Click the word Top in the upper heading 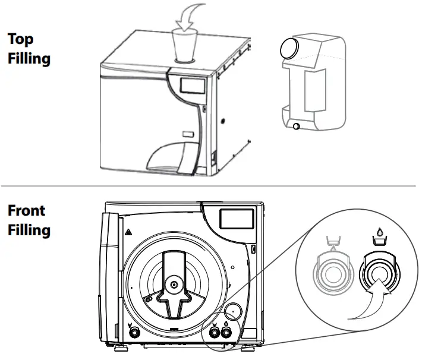point(20,39)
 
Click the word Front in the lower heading point(27,211)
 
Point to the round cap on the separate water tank point(290,49)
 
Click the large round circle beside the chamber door point(232,310)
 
